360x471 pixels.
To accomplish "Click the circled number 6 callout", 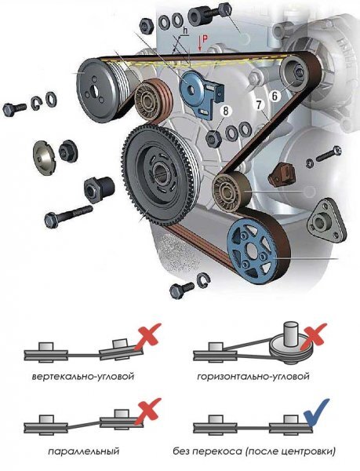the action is tap(275, 96).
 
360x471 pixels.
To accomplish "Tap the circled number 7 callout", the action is tap(259, 105).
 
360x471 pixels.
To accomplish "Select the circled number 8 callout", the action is tap(225, 111).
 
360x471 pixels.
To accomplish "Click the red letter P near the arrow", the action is tap(205, 38).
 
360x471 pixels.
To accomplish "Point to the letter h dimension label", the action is tap(185, 31).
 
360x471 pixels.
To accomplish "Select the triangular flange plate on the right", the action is tap(325, 221).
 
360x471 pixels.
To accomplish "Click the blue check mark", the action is tap(316, 412).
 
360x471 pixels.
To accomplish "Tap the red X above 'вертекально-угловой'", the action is tap(147, 336).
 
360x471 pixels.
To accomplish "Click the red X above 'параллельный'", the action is tap(147, 411).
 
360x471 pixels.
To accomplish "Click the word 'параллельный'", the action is tap(83, 451).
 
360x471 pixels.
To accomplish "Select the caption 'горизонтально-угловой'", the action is tap(253, 376).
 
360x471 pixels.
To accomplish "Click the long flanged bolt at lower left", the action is tap(68, 214).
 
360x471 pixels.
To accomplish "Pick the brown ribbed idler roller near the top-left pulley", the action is tap(153, 99).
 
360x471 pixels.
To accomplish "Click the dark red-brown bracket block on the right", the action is tap(282, 175).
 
